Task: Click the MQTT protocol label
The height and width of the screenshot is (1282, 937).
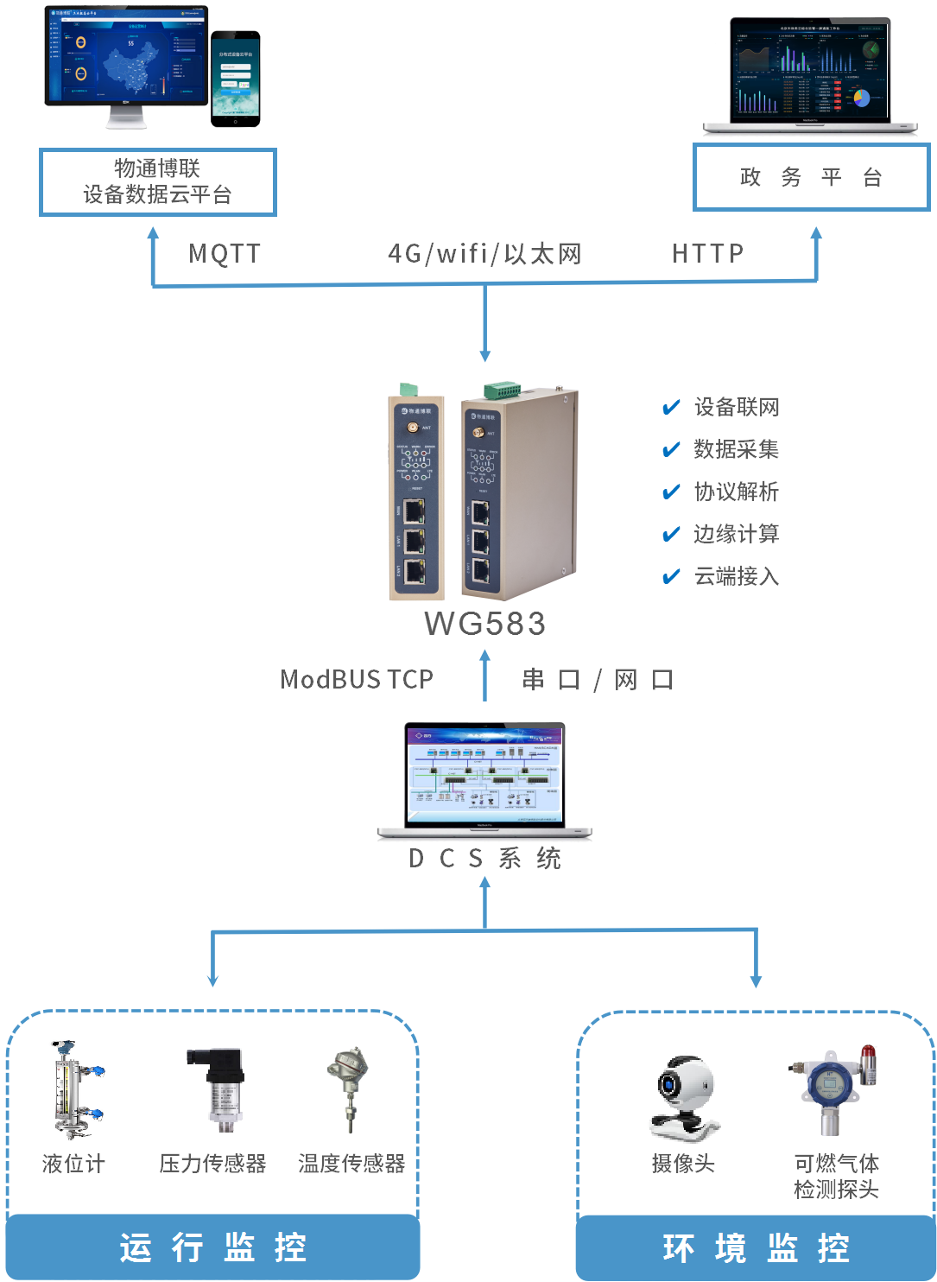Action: [x=225, y=253]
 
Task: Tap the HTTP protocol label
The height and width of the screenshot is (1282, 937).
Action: [x=707, y=253]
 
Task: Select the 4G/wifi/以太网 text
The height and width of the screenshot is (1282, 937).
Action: [x=484, y=253]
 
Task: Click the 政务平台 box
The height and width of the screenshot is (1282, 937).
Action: [x=811, y=177]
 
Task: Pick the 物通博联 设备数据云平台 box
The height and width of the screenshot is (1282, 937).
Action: [x=157, y=181]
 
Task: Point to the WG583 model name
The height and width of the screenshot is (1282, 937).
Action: [x=484, y=624]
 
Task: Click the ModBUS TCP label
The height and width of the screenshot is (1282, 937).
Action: [x=357, y=680]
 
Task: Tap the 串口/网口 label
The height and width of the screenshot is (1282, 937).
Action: [x=598, y=680]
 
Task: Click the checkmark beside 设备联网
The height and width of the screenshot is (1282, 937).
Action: [x=671, y=408]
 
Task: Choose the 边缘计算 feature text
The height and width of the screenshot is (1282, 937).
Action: [x=737, y=534]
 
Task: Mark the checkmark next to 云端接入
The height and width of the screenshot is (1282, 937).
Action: [x=671, y=576]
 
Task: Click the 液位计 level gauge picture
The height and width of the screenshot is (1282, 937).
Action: [x=73, y=1089]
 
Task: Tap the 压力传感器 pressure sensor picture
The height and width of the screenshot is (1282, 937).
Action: [x=212, y=1089]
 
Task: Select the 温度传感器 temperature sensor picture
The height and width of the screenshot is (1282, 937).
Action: [x=347, y=1089]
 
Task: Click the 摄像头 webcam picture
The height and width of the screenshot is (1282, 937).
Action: [x=686, y=1098]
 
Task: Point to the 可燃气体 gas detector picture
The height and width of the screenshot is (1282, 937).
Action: [x=833, y=1089]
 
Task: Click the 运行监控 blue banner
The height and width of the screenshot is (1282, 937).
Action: [x=212, y=1247]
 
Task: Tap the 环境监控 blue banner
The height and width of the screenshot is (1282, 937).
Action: [x=757, y=1248]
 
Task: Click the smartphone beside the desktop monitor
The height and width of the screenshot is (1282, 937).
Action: [x=235, y=79]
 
